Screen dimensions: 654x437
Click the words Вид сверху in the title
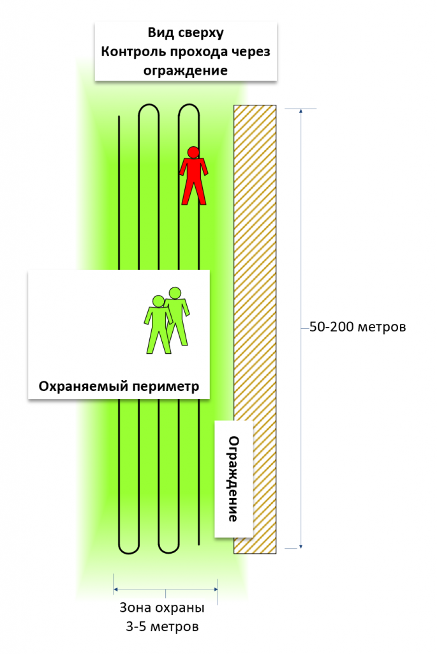click(x=185, y=33)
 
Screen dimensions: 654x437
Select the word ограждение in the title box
click(x=185, y=70)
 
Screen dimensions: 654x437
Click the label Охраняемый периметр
click(x=119, y=386)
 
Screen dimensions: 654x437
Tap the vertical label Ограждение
click(x=234, y=479)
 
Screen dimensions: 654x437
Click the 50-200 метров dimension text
click(x=357, y=327)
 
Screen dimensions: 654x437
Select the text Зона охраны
click(x=162, y=607)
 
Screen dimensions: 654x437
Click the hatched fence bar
click(x=255, y=255)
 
